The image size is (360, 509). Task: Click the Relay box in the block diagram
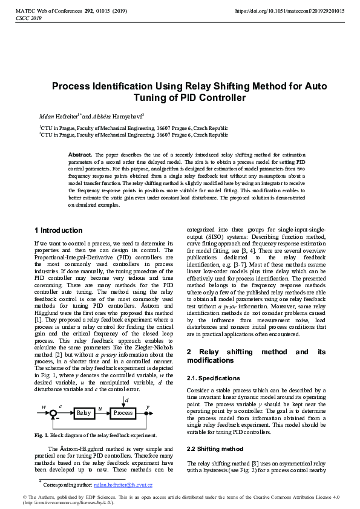click(x=83, y=413)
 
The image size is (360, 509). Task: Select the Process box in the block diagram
click(x=123, y=413)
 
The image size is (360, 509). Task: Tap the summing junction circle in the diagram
click(x=54, y=413)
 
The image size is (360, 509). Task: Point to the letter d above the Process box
click(x=125, y=400)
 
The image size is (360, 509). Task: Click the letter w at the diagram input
click(x=44, y=407)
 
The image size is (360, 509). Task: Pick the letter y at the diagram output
click(x=148, y=407)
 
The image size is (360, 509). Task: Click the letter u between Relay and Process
click(x=100, y=409)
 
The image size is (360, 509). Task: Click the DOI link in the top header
click(x=289, y=11)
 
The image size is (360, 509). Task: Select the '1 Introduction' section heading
click(x=59, y=230)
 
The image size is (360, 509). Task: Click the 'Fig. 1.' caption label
click(x=42, y=435)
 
